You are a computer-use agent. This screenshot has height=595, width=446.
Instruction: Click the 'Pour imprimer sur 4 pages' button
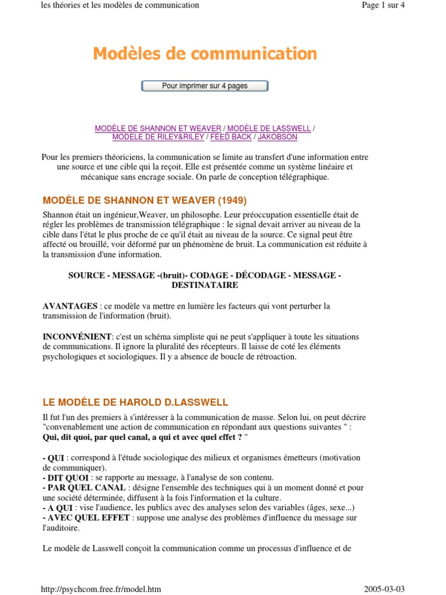[x=204, y=86]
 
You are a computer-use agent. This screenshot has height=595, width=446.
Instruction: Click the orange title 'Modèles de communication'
[x=205, y=54]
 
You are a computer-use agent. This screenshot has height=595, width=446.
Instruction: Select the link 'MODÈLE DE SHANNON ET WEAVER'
[x=158, y=128]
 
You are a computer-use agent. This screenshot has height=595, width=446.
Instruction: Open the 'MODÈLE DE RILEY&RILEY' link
[x=158, y=137]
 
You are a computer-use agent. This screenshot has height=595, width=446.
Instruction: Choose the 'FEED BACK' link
[x=231, y=137]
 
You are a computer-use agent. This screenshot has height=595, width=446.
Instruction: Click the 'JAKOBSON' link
[x=277, y=137]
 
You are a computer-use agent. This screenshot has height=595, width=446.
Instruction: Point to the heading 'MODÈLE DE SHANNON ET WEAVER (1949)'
[x=145, y=200]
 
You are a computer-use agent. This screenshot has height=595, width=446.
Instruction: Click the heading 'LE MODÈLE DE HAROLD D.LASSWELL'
[x=135, y=402]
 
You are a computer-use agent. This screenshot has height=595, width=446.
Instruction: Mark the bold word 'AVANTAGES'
[x=70, y=306]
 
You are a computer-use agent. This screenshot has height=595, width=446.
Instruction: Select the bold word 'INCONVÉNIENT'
[x=77, y=336]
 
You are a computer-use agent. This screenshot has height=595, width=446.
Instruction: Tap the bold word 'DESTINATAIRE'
[x=204, y=285]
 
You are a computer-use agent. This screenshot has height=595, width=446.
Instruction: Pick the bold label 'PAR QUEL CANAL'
[x=84, y=488]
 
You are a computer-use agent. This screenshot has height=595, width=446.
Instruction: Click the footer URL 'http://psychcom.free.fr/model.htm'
[x=101, y=589]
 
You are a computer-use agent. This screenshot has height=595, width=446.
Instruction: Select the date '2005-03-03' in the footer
[x=384, y=589]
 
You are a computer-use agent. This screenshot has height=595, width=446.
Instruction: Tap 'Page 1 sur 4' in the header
[x=383, y=5]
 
